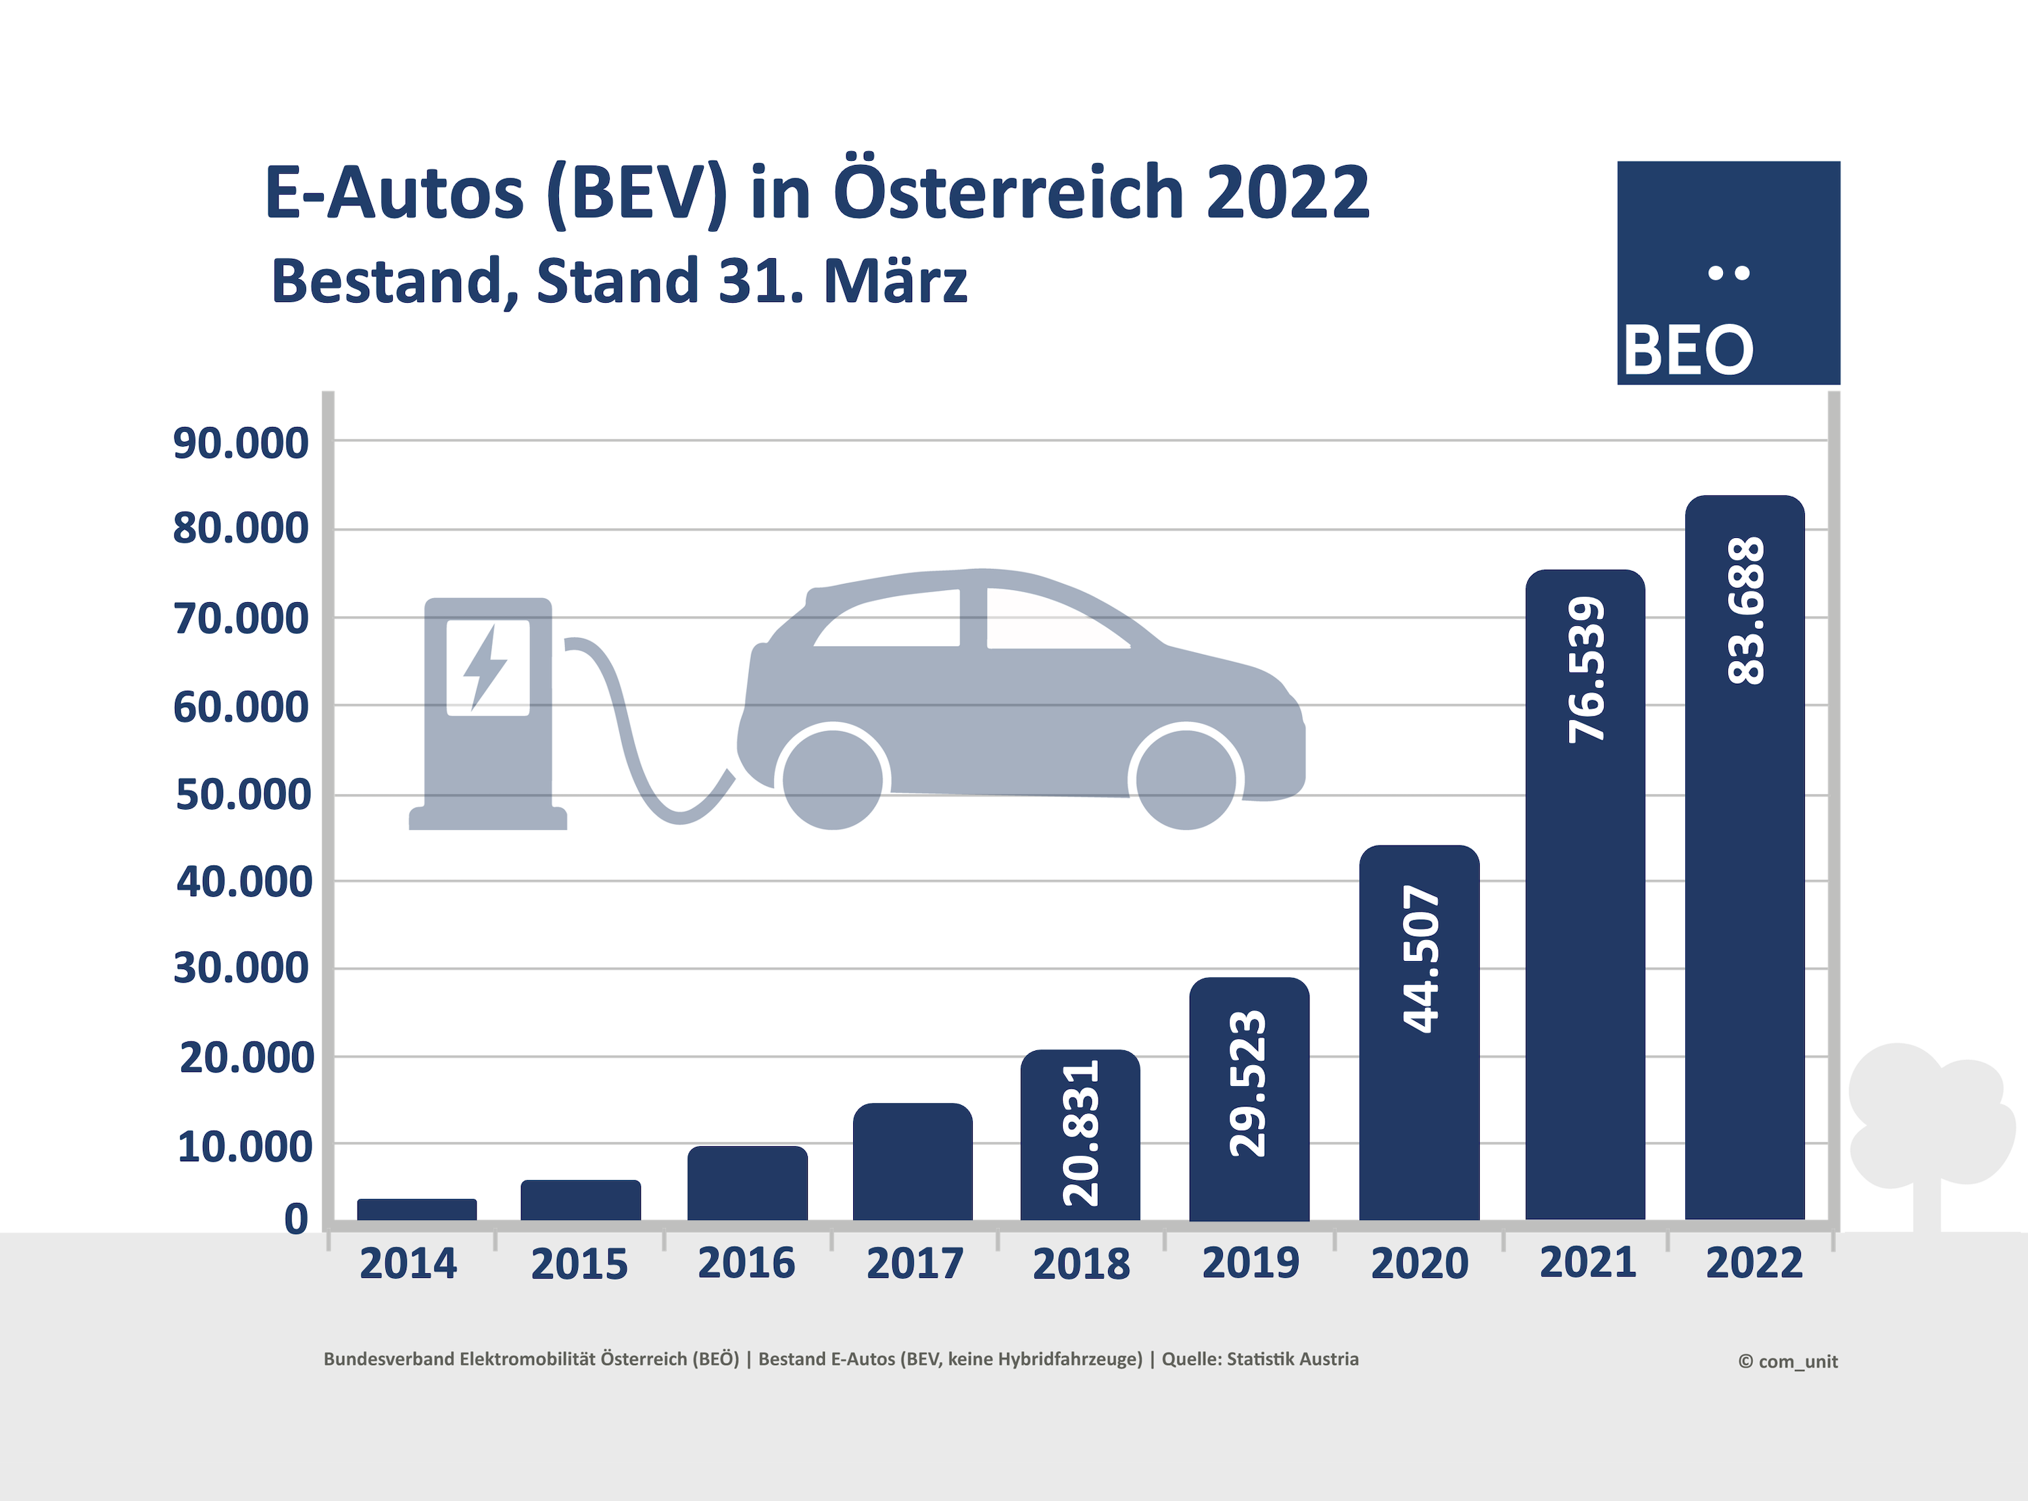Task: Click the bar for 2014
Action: [417, 1209]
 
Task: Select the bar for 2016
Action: [747, 1183]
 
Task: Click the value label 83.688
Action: [1745, 610]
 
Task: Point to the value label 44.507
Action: [1421, 958]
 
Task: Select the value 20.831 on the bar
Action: [1080, 1133]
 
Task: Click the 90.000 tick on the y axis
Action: [241, 443]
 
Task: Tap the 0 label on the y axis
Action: [296, 1219]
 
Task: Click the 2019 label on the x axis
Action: [1250, 1263]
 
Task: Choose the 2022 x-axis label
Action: [1754, 1263]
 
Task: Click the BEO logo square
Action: [1728, 272]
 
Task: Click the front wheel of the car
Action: [1186, 779]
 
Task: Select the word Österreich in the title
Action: [1009, 193]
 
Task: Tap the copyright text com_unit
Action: [1788, 1362]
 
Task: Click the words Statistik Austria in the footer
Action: [1292, 1359]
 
